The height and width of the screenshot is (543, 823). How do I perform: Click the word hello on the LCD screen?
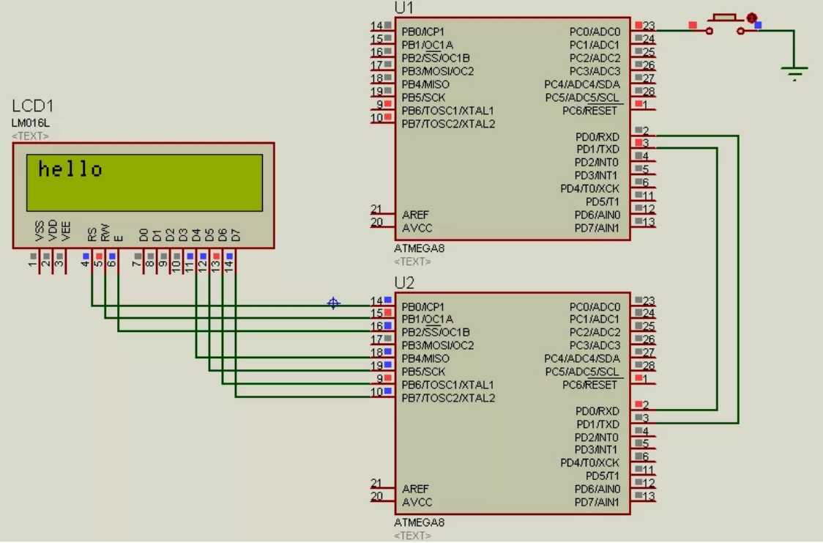70,169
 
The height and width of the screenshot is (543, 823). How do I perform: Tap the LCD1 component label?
33,106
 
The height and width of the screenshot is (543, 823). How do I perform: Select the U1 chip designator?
403,7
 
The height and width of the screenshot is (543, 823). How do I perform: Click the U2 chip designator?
404,282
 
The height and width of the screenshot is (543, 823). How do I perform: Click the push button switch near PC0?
725,23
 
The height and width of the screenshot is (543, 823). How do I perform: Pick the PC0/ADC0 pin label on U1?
595,32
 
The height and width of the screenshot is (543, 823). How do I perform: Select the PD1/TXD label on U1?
597,149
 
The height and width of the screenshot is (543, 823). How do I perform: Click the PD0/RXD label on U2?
597,411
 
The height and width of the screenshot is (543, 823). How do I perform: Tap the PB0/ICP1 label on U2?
423,306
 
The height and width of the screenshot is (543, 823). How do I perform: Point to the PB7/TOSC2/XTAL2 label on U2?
448,398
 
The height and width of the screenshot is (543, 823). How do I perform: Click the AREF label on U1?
416,215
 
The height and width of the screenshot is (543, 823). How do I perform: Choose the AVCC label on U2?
417,502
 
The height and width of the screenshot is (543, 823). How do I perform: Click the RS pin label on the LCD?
92,234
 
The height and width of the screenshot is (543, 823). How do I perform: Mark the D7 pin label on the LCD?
236,234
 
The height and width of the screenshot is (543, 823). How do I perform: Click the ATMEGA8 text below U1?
419,248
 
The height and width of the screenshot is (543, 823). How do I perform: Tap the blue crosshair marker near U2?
333,303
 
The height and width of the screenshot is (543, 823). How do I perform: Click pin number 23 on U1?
648,26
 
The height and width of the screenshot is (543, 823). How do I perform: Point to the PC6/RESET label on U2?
589,385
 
